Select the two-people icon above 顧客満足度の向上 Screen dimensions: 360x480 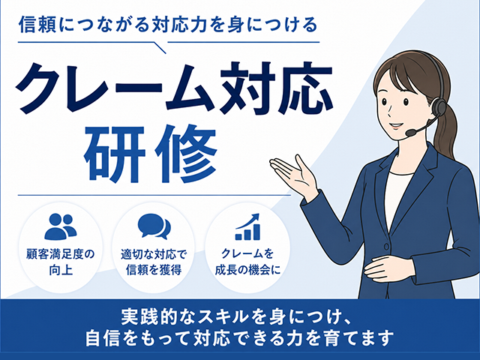coord(61,226)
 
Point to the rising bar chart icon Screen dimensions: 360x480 coord(247,226)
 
